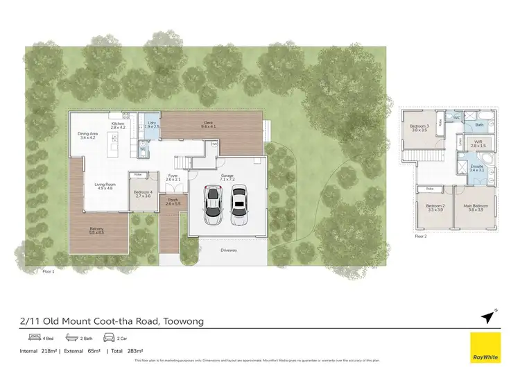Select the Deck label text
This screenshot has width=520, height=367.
point(209,123)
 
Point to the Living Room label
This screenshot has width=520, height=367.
point(105,186)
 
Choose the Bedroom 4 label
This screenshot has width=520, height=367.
point(142,194)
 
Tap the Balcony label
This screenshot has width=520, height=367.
point(96,230)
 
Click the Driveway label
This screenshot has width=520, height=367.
point(228,251)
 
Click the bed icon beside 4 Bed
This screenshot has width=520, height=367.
point(33,338)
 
